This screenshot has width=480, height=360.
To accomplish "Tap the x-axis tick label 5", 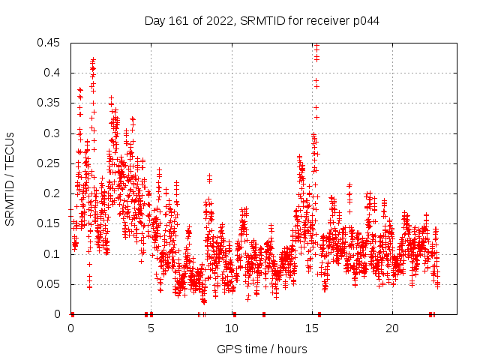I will coord(151,328).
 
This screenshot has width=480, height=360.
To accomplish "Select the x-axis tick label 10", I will coord(232,328).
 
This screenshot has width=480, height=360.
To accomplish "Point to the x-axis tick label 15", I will coord(312,328).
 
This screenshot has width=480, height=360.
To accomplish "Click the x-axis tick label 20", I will coord(392,328).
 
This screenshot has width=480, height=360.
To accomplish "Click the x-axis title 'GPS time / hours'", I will coord(262,349).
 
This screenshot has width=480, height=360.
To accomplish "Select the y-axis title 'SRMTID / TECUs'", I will coord(10,179).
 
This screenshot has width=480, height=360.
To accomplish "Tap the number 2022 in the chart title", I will coord(219,21).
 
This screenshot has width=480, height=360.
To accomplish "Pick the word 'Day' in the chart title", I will coord(154,21).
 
